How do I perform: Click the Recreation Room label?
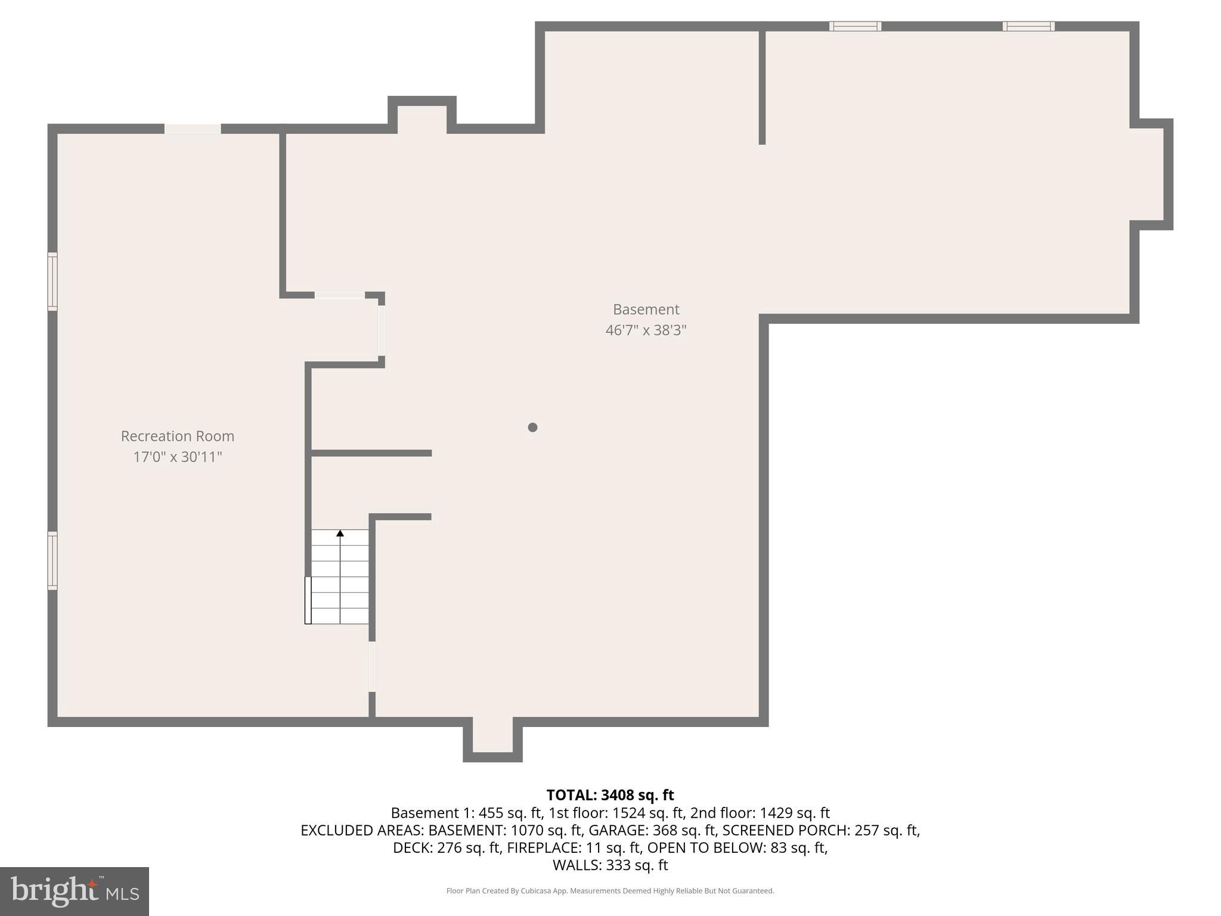177,436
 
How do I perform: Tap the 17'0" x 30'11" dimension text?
177,457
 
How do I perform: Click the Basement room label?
646,310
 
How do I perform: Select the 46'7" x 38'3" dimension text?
646,330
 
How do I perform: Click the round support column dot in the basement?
532,427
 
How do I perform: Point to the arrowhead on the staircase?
340,533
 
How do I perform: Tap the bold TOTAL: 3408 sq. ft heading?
610,795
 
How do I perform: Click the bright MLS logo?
74,892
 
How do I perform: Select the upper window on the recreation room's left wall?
52,281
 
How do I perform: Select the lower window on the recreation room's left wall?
52,561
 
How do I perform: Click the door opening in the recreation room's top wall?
193,129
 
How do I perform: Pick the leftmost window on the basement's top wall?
855,26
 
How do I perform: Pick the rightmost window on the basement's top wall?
1028,26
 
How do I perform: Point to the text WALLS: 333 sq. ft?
610,865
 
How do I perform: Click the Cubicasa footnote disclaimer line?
610,891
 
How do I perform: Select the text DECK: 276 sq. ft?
447,847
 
